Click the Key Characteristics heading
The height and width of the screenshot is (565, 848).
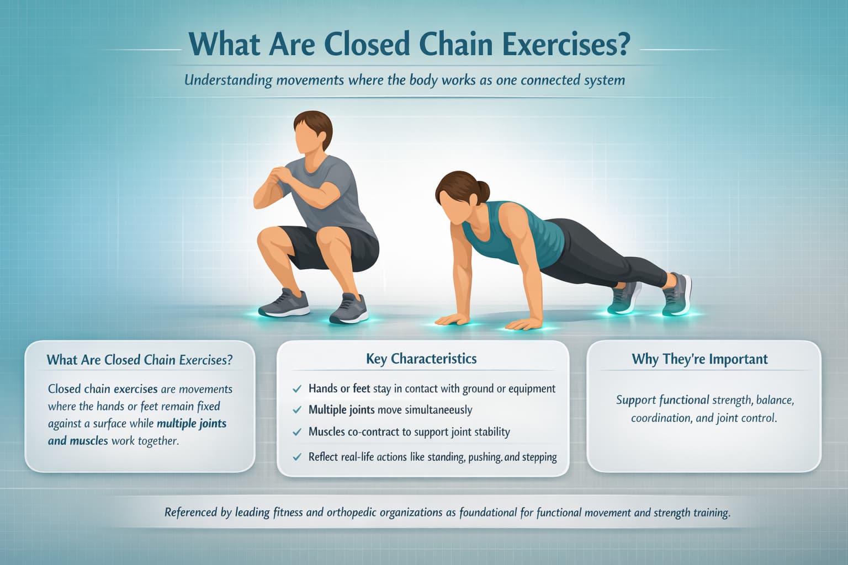(x=421, y=359)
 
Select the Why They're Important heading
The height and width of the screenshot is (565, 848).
(x=699, y=359)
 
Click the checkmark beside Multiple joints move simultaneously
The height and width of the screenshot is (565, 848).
(x=297, y=411)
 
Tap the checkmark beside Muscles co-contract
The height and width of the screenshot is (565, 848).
(x=297, y=432)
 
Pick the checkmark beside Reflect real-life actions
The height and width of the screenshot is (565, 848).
(x=297, y=457)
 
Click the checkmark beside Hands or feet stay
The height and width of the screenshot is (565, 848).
(x=297, y=389)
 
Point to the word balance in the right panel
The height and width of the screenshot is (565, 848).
(x=775, y=400)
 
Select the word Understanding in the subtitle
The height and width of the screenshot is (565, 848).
(x=228, y=81)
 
